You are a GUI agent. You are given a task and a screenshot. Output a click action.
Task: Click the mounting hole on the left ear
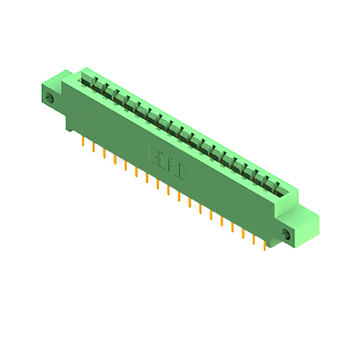click(x=49, y=98)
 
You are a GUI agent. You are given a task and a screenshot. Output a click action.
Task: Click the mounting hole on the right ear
click(x=287, y=235)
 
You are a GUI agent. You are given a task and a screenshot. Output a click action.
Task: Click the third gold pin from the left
click(x=104, y=154)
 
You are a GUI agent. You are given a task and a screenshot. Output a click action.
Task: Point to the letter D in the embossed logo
click(x=163, y=161)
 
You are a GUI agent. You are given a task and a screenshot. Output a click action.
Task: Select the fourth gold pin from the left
click(x=115, y=160)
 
